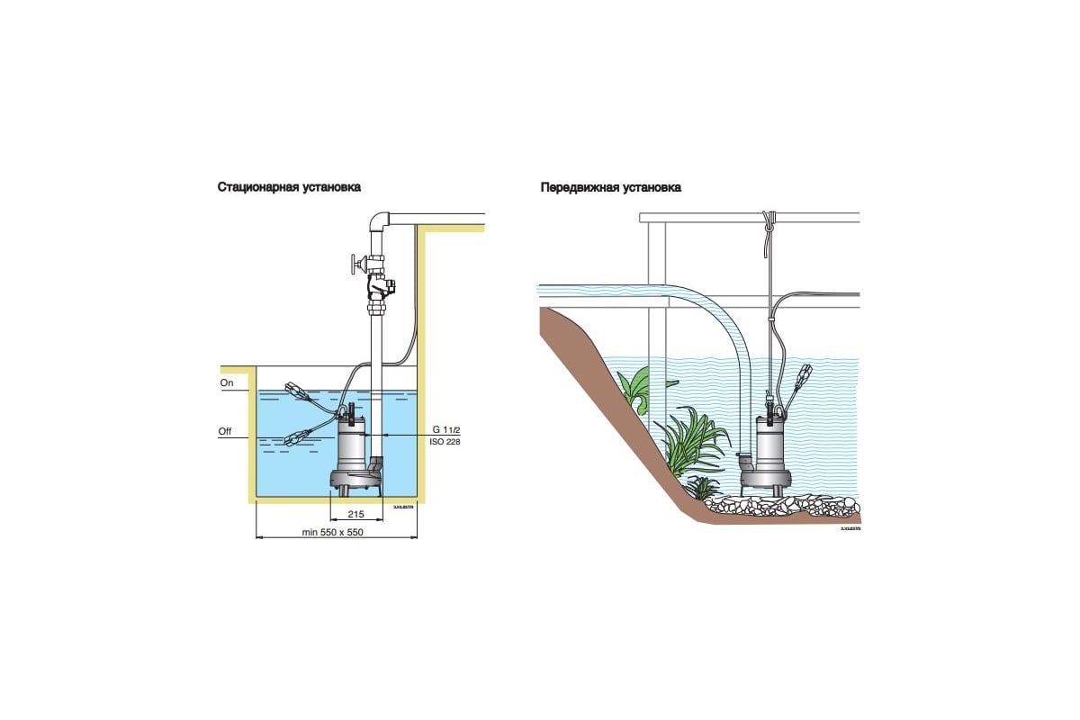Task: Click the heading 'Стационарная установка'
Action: [x=289, y=188]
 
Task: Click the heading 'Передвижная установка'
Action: [x=610, y=188]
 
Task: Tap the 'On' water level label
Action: [x=227, y=382]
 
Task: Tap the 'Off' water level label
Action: [x=225, y=432]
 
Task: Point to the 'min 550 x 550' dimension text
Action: [x=338, y=533]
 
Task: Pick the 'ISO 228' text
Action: [x=446, y=443]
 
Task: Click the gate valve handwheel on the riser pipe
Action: [x=353, y=266]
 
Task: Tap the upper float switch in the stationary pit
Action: [x=297, y=391]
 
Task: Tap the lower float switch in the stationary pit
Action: [x=296, y=438]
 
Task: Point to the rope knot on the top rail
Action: [x=767, y=219]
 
